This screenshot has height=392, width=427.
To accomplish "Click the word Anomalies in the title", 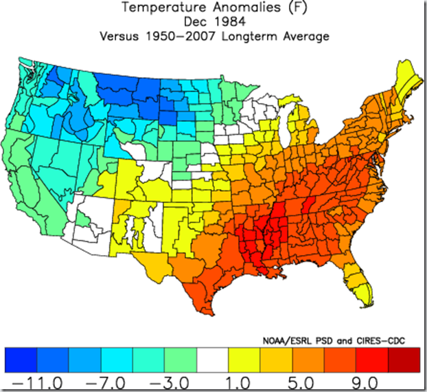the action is [x=246, y=7].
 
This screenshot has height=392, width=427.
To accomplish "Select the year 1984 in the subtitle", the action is [x=229, y=21].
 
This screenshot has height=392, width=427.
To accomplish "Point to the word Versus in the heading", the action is [x=119, y=36].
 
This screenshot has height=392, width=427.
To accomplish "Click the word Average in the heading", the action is [x=306, y=36].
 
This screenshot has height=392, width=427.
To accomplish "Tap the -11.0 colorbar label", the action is [x=38, y=383].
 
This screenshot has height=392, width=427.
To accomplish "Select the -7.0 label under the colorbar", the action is [x=106, y=383].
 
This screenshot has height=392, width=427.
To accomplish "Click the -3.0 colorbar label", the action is [x=170, y=383].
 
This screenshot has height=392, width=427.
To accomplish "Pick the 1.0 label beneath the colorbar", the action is [x=238, y=383].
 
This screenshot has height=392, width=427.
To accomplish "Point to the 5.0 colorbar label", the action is [x=301, y=383].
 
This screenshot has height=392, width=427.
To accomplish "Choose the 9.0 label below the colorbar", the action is [x=365, y=383].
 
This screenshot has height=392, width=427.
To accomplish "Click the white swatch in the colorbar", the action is [x=212, y=360].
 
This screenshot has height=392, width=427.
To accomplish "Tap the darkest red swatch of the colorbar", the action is [x=404, y=360].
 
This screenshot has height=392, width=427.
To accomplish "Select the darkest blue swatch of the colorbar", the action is [x=21, y=360].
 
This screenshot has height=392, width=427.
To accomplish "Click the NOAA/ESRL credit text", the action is [x=288, y=340].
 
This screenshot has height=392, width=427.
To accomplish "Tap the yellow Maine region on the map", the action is [x=407, y=78].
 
